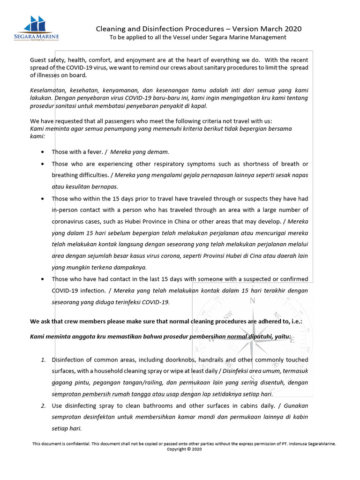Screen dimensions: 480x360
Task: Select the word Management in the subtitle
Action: point(269,37)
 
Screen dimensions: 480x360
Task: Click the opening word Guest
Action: point(39,60)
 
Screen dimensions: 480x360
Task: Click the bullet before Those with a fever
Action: point(43,152)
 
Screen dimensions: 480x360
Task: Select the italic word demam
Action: point(159,152)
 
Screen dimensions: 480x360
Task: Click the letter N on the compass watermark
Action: point(252,301)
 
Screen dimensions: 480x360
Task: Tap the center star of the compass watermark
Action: point(252,340)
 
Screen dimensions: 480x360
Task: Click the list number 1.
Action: point(43,360)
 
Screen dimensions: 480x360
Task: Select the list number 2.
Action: point(43,406)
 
